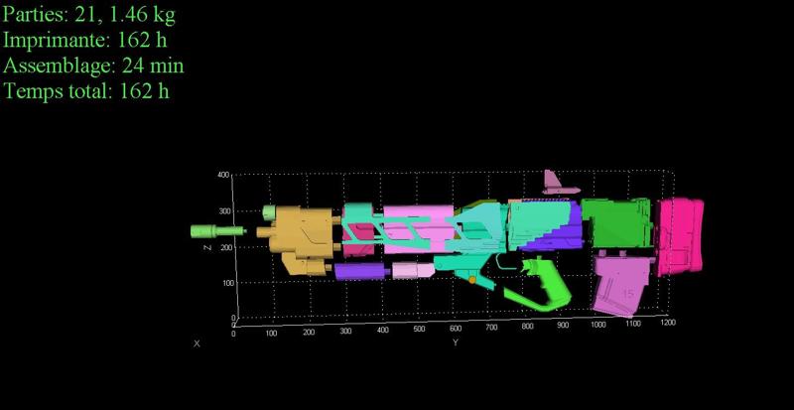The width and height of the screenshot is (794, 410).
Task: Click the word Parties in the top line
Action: (35, 14)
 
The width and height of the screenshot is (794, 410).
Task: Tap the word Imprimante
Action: (57, 40)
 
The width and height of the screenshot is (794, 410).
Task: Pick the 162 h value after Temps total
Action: (144, 91)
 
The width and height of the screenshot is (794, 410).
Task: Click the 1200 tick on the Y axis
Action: (668, 323)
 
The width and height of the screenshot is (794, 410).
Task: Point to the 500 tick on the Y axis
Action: (419, 329)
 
